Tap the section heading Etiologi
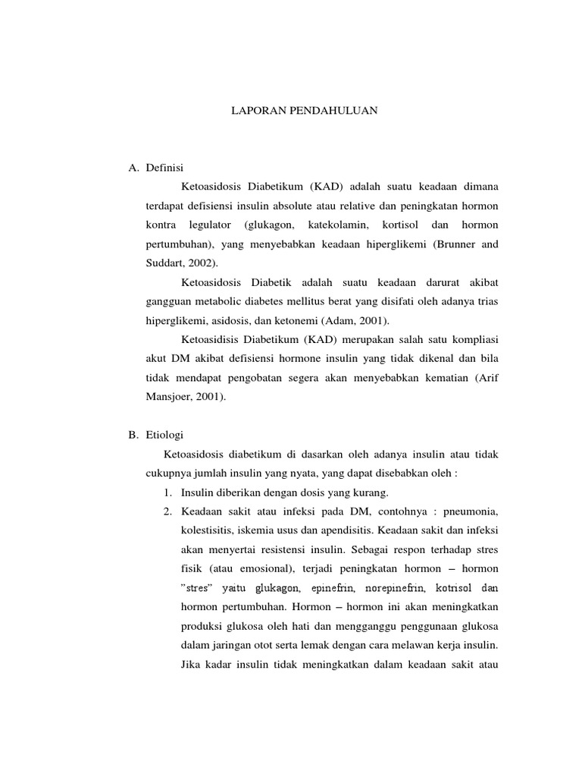coord(167,436)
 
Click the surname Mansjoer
coord(170,397)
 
